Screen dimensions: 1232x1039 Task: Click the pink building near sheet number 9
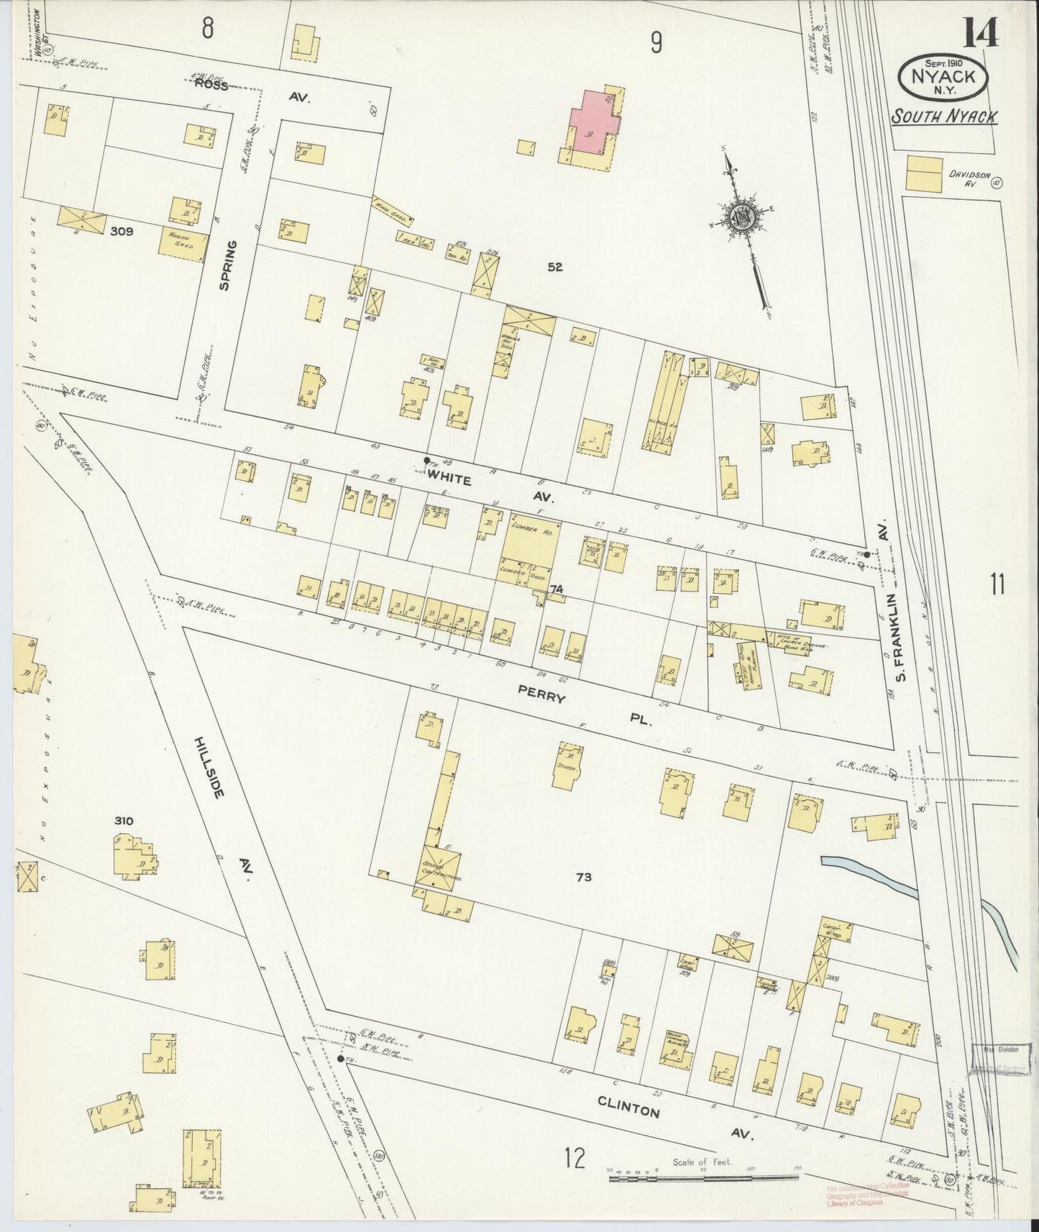(x=592, y=122)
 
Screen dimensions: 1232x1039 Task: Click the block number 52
(x=554, y=267)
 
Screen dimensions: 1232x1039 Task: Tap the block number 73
(x=583, y=877)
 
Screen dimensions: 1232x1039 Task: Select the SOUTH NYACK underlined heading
(x=943, y=116)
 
